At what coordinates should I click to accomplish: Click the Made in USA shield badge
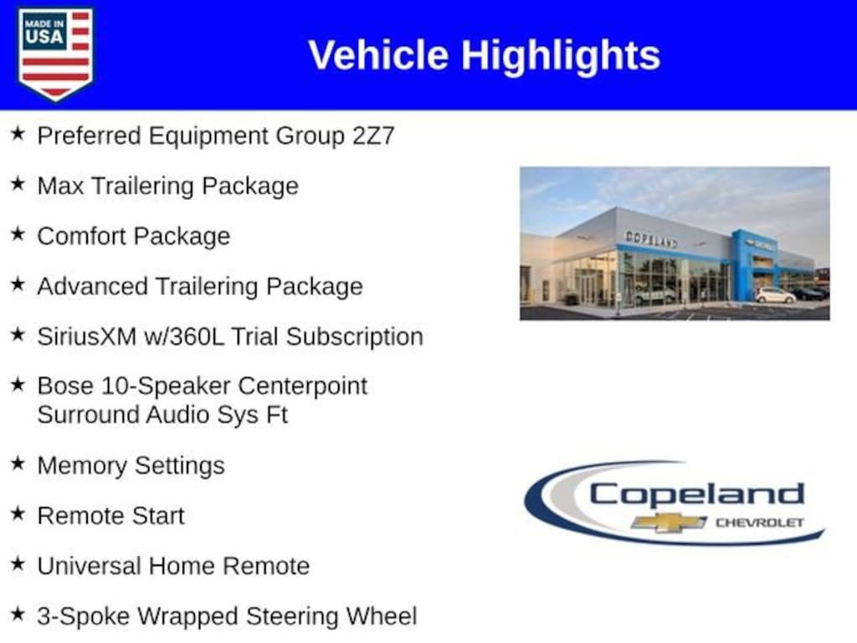(55, 54)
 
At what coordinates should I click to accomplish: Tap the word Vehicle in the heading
(378, 55)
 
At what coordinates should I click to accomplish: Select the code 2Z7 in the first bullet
(373, 136)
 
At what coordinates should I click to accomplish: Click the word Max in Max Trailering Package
(60, 186)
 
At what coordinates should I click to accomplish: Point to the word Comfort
(81, 236)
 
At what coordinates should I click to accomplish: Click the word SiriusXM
(86, 337)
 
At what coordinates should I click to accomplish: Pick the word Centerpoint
(302, 386)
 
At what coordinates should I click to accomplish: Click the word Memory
(82, 466)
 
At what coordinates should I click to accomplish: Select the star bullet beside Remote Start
(18, 513)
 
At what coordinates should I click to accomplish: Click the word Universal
(90, 566)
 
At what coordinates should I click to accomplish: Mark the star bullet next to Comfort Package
(18, 234)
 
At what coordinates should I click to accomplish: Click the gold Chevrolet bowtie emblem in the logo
(669, 522)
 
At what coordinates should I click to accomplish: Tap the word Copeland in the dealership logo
(697, 495)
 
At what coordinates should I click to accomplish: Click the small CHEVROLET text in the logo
(760, 522)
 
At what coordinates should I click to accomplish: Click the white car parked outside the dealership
(775, 296)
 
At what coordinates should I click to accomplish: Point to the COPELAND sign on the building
(651, 239)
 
